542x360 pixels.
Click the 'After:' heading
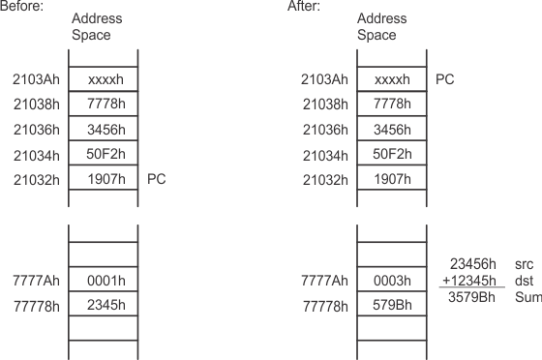[x=305, y=7]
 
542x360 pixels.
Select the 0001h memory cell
[x=103, y=281]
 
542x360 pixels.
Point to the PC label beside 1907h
[x=157, y=179]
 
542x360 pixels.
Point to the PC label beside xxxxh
[x=444, y=79]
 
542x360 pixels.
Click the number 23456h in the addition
[x=473, y=262]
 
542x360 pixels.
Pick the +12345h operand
[x=471, y=280]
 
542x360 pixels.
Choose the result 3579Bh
[x=473, y=297]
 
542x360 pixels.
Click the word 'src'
[x=525, y=262]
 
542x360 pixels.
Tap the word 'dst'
[x=525, y=280]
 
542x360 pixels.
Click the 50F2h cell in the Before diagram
[x=103, y=155]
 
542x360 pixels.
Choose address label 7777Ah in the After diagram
[x=324, y=281]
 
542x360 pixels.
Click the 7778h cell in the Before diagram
[x=103, y=105]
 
